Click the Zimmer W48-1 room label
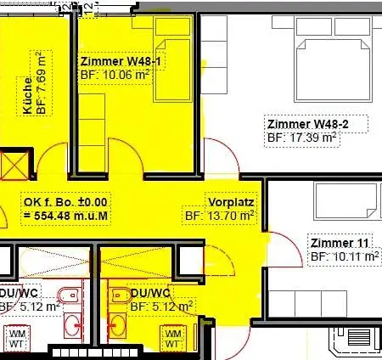121,61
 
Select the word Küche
27,96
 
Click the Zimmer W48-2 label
308,124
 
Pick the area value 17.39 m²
313,138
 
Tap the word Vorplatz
231,202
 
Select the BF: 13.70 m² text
219,216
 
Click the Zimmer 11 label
340,243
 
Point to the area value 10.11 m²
356,256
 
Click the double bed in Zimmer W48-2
333,70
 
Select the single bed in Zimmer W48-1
173,70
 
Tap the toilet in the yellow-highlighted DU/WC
121,295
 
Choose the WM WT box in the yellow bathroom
172,339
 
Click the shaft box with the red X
14,166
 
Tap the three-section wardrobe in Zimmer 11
307,304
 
